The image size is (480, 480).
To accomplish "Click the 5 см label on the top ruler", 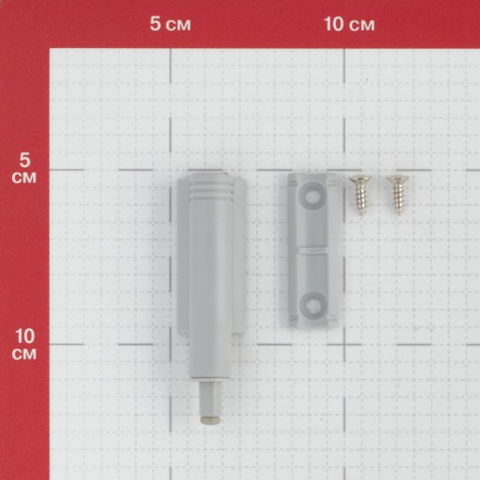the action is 170,24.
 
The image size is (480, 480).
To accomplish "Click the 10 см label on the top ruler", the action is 349,24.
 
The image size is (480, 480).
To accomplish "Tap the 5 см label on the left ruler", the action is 24,168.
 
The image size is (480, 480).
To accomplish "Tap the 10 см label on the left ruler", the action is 24,345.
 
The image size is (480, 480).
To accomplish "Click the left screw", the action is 360,195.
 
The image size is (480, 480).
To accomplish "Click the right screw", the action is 397,195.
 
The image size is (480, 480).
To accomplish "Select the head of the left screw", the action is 360,178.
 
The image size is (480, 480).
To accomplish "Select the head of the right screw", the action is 397,178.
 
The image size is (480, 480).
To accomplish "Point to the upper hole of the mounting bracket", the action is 312,195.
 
